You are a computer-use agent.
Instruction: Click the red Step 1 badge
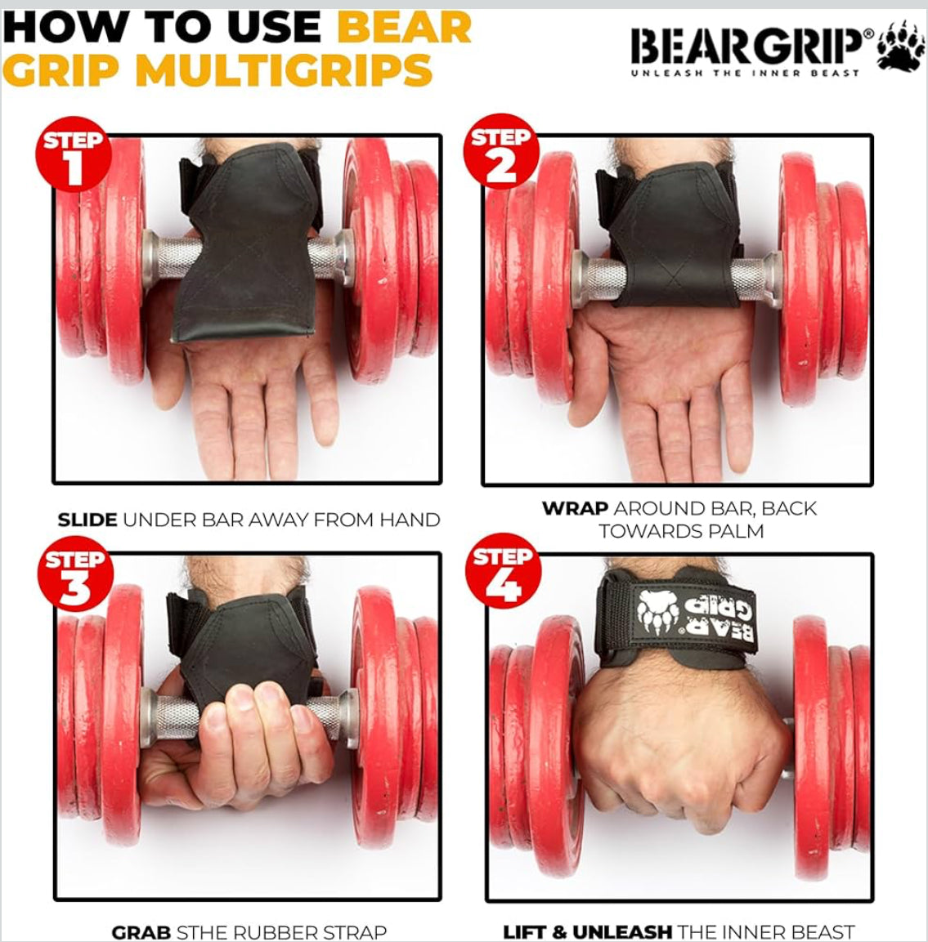[x=74, y=154]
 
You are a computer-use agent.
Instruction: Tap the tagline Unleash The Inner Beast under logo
[x=744, y=74]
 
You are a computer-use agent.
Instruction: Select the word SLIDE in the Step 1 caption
[x=87, y=520]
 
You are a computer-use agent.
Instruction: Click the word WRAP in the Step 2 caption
[x=574, y=508]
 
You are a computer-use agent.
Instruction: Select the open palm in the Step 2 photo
[x=654, y=359]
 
